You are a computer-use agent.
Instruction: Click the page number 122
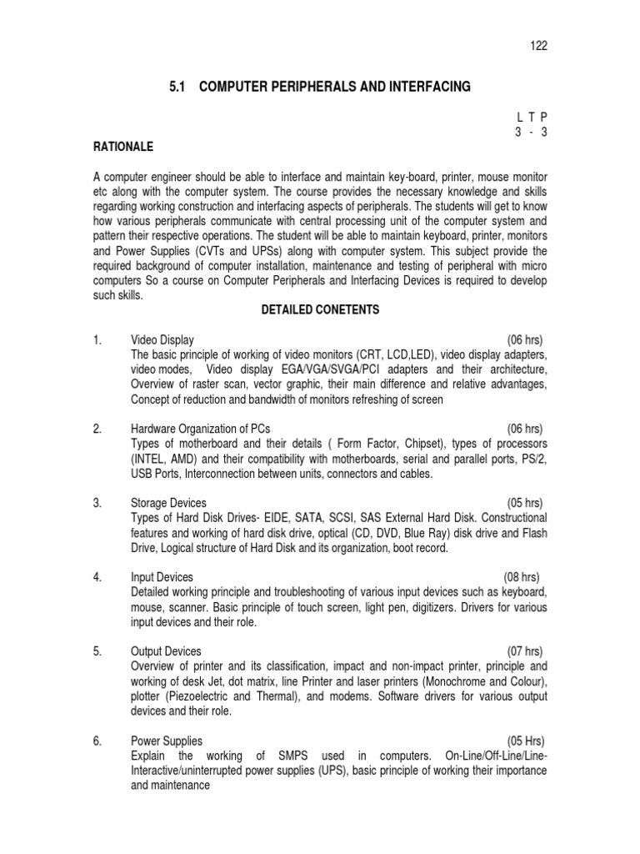click(538, 46)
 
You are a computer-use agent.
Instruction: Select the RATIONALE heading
click(123, 147)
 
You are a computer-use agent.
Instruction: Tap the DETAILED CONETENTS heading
click(320, 309)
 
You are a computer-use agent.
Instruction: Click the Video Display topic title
click(162, 340)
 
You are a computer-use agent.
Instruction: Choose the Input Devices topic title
click(162, 577)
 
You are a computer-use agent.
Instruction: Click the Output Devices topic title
click(167, 651)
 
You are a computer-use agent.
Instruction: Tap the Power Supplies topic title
click(167, 741)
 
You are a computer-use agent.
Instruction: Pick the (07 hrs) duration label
click(525, 651)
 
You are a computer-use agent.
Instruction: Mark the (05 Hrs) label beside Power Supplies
click(525, 741)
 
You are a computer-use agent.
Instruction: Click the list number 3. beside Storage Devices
click(97, 503)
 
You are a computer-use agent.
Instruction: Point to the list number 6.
click(97, 741)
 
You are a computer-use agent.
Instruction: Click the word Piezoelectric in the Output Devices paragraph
click(199, 696)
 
